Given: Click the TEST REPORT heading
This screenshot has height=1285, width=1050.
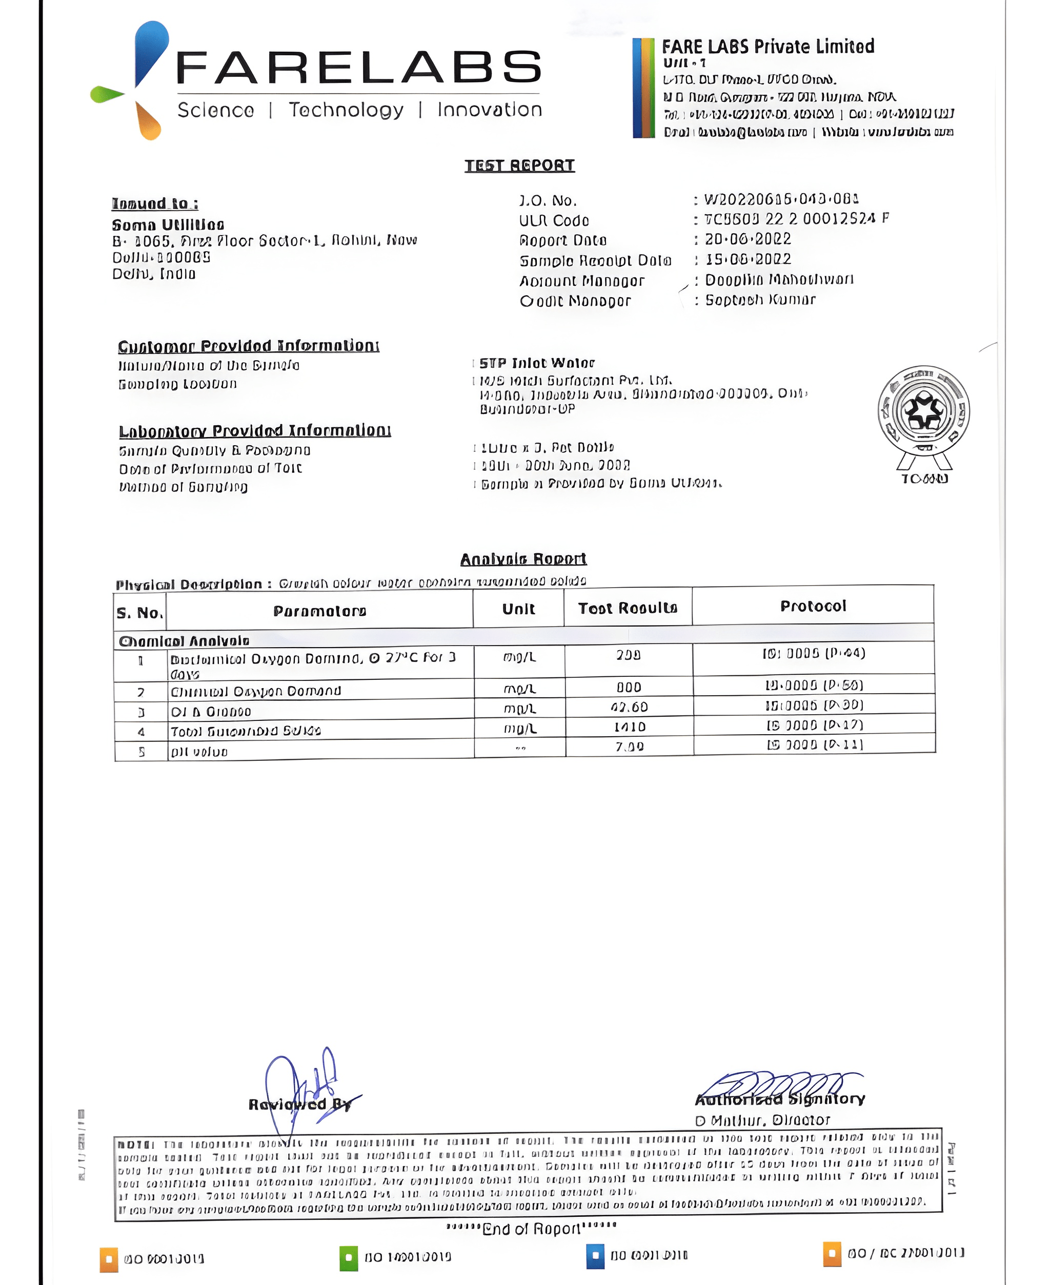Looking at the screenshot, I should pyautogui.click(x=519, y=165).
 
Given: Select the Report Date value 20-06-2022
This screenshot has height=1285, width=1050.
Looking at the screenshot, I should pyautogui.click(x=748, y=239).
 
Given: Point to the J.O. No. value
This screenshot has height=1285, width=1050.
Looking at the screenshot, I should pyautogui.click(x=781, y=199).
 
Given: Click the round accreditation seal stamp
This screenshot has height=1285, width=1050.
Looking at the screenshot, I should pyautogui.click(x=923, y=411).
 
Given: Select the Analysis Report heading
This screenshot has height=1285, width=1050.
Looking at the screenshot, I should pyautogui.click(x=523, y=559).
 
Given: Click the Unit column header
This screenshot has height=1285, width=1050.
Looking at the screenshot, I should pyautogui.click(x=518, y=609).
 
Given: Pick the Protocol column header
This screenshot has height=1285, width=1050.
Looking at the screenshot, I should pyautogui.click(x=813, y=606).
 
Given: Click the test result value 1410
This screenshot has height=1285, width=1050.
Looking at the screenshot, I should pyautogui.click(x=630, y=727).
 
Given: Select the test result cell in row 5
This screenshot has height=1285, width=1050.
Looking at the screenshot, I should pyautogui.click(x=630, y=747).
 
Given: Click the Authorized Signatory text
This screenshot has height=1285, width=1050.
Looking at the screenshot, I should pyautogui.click(x=780, y=1100).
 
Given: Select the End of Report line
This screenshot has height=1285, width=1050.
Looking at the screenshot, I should pyautogui.click(x=531, y=1229).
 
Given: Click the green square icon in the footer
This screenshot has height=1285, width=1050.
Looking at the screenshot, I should pyautogui.click(x=349, y=1258).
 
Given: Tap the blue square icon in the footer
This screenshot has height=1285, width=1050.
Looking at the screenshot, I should pyautogui.click(x=595, y=1255).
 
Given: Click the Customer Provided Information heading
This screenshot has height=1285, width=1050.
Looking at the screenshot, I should pyautogui.click(x=249, y=346).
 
